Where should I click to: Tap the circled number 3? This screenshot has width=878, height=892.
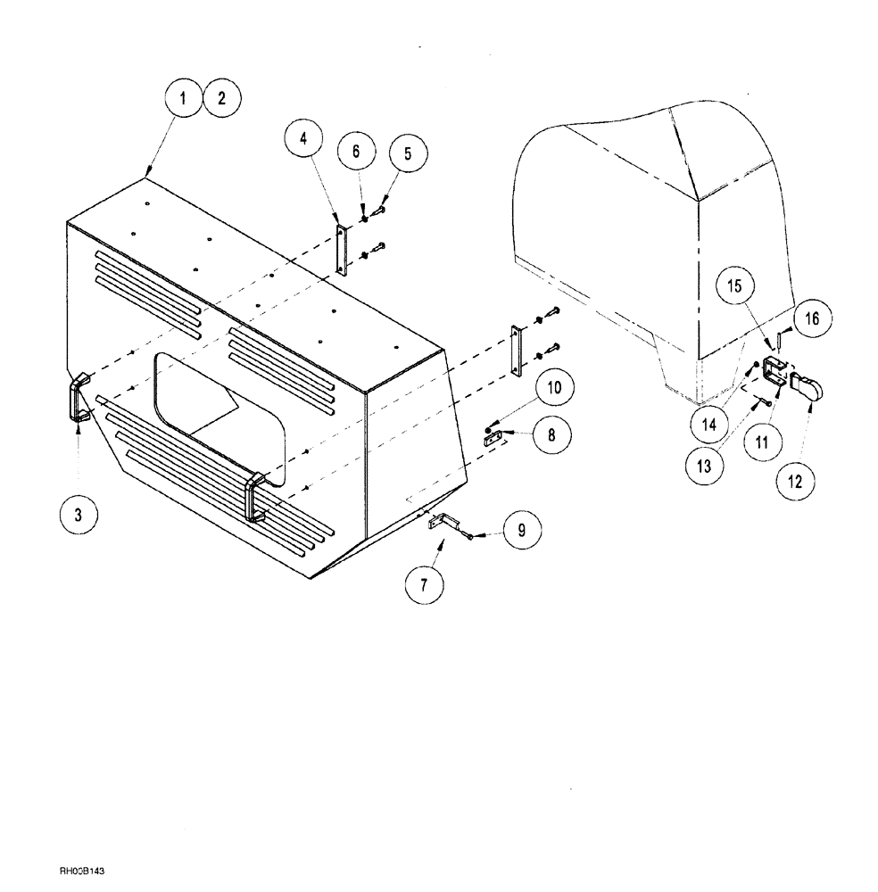79,515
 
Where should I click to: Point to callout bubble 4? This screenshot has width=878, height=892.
304,140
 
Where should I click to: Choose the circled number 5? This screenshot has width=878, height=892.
408,153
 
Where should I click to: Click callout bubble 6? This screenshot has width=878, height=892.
356,152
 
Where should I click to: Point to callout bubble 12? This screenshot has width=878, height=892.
794,482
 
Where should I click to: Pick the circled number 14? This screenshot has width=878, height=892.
708,425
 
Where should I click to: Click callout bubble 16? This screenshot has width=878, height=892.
817,317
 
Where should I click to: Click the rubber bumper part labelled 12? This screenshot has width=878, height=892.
809,390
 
